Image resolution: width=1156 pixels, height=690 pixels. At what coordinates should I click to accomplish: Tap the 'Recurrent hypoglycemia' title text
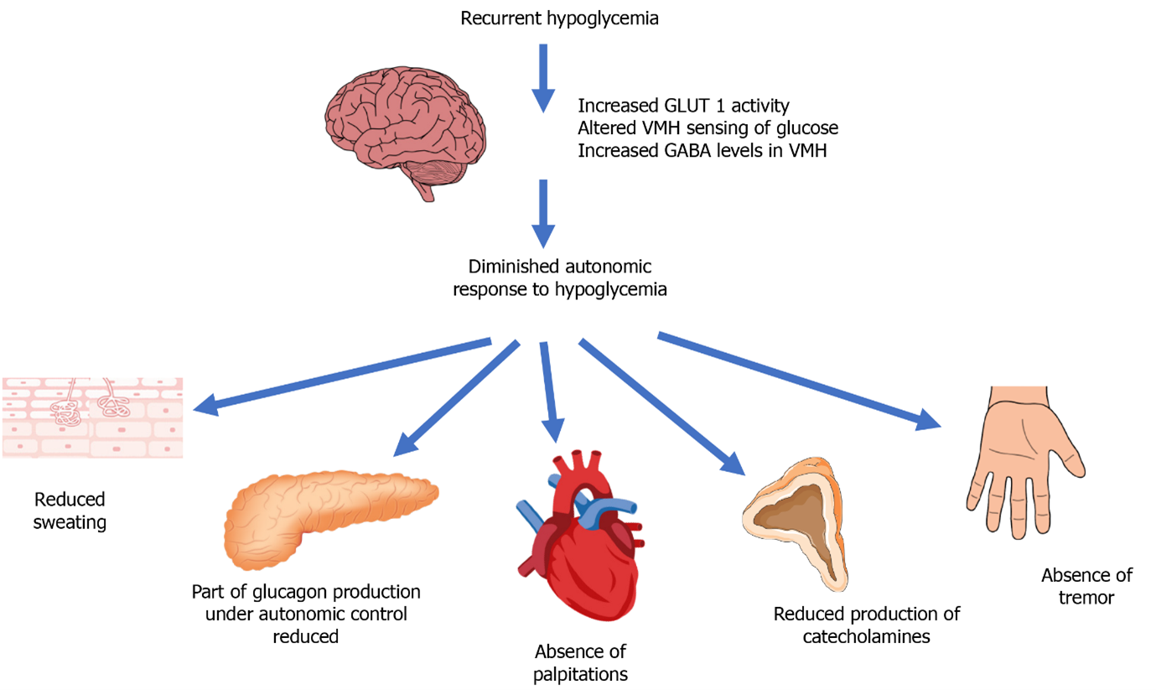click(x=559, y=18)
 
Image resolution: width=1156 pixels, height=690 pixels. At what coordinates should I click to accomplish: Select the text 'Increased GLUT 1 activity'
click(x=684, y=106)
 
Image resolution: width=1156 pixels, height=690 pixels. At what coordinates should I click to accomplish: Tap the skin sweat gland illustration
click(x=92, y=417)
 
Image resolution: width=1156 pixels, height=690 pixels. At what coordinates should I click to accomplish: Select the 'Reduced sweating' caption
click(x=70, y=511)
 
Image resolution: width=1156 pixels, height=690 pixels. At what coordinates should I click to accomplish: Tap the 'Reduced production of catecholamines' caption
click(x=866, y=625)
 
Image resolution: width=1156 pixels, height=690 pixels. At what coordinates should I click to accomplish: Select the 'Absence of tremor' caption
click(x=1086, y=586)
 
